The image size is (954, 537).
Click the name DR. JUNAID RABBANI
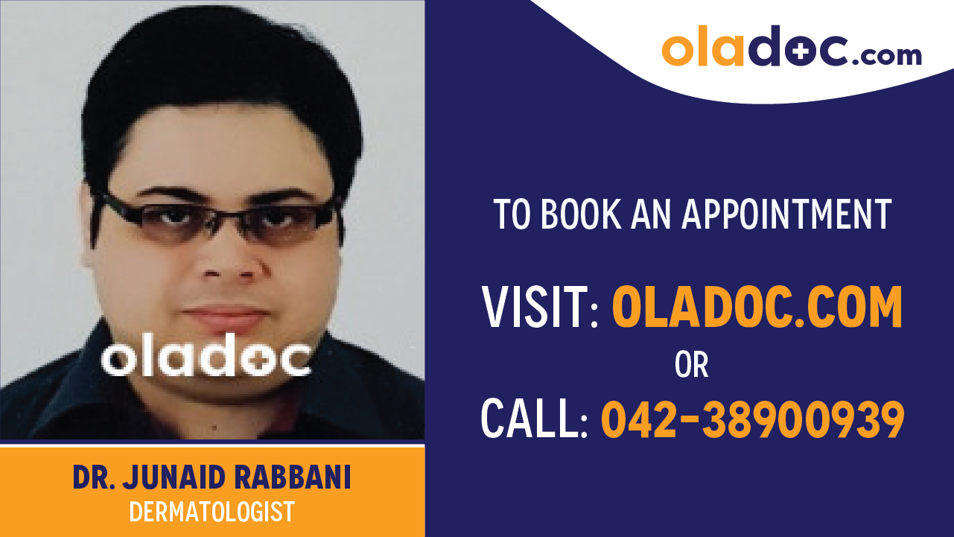(x=212, y=478)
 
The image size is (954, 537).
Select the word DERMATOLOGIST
(x=212, y=512)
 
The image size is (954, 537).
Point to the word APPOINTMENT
(x=787, y=215)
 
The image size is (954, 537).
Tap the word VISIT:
(x=541, y=308)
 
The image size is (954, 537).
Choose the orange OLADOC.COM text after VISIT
(x=757, y=308)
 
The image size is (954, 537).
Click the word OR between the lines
(x=691, y=365)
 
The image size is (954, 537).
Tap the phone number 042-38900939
(x=752, y=418)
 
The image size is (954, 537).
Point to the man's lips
(x=223, y=317)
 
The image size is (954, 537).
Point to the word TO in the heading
(x=512, y=215)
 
